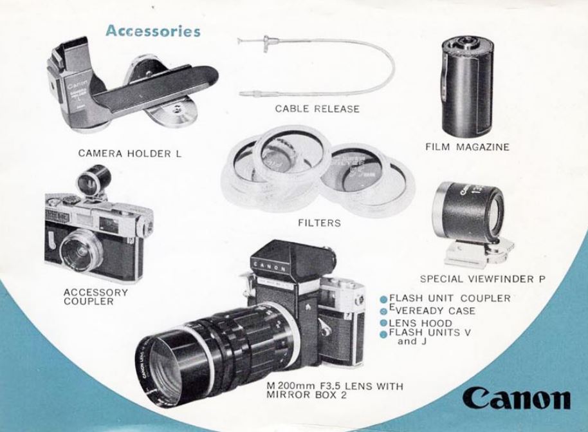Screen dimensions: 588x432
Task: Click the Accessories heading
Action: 153,31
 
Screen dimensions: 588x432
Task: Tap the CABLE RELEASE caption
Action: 317,109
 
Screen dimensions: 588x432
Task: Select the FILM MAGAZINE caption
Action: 467,147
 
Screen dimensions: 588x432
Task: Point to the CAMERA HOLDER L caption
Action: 129,153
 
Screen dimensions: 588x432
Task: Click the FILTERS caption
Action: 320,223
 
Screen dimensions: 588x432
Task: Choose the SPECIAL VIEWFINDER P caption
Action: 482,279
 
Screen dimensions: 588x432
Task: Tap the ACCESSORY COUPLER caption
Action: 96,297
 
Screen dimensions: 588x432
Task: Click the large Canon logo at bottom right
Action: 517,399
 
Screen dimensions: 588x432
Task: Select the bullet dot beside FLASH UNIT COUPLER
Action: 383,299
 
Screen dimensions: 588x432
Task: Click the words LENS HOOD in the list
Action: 420,323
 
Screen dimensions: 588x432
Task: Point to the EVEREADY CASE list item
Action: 432,310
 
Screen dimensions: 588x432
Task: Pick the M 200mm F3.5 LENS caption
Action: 335,390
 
